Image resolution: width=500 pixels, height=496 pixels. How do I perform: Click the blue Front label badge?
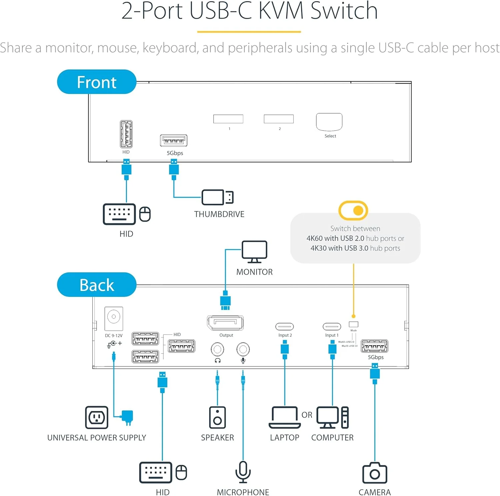pos(97,82)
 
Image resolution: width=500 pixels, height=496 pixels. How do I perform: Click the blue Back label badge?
pos(97,285)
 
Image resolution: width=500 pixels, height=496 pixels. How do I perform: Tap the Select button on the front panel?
pos(329,122)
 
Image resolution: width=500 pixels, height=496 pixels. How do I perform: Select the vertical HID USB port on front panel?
pos(126,134)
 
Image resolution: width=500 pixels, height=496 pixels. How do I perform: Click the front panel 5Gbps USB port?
pos(174,141)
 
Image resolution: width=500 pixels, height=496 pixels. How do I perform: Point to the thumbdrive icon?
pos(217,197)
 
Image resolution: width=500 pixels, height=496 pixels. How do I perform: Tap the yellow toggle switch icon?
pos(353,210)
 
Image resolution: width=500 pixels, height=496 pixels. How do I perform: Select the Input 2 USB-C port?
pos(285,326)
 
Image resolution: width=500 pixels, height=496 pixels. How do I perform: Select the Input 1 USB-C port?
pos(332,326)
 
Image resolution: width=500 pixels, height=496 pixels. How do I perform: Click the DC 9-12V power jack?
pos(114,318)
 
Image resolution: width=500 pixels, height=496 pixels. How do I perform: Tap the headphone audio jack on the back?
pos(217,349)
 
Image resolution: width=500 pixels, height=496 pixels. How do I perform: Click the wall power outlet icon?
pos(97,417)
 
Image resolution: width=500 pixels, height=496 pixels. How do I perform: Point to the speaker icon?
pos(217,417)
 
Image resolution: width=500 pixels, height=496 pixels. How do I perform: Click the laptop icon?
pos(285,417)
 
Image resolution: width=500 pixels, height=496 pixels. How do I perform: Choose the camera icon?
pos(375,473)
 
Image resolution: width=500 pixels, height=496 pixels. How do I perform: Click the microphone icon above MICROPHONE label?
pos(243,472)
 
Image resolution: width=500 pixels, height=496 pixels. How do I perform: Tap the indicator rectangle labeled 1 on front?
pos(228,119)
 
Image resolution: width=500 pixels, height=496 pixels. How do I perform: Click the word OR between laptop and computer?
pos(307,415)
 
